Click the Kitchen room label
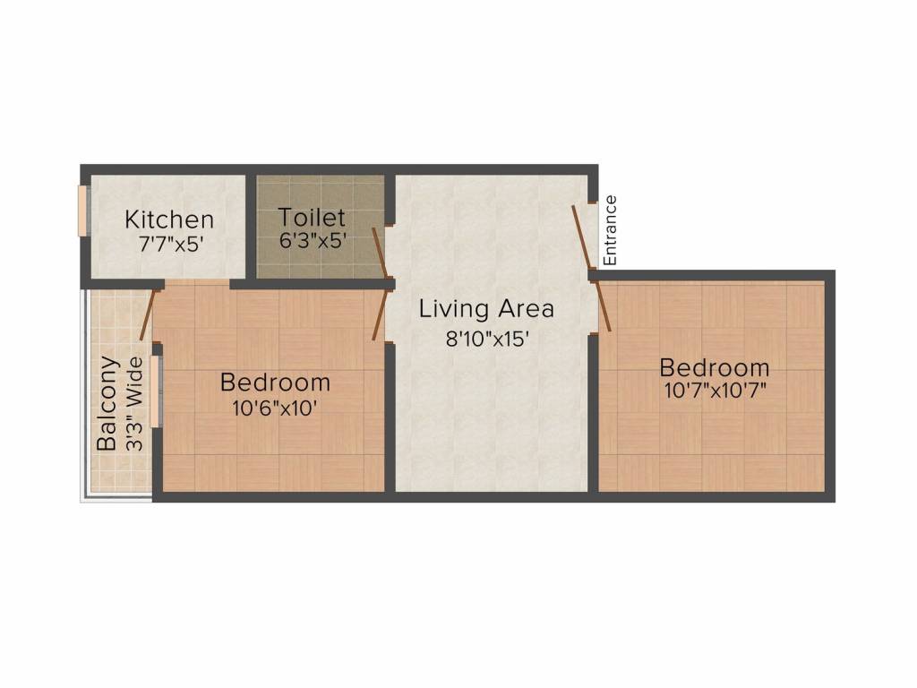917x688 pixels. point(169,219)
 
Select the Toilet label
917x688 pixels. point(311,218)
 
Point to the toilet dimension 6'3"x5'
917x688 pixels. point(313,240)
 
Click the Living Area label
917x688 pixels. point(487,310)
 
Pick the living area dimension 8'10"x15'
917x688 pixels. point(488,340)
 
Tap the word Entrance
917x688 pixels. point(611,230)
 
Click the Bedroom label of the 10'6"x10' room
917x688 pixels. point(275,383)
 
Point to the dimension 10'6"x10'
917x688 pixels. point(275,406)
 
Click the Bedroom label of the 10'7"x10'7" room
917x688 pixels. point(714,368)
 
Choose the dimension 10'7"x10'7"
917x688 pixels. point(714,391)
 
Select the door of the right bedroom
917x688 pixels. point(604,306)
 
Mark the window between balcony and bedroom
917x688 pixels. point(156,391)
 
